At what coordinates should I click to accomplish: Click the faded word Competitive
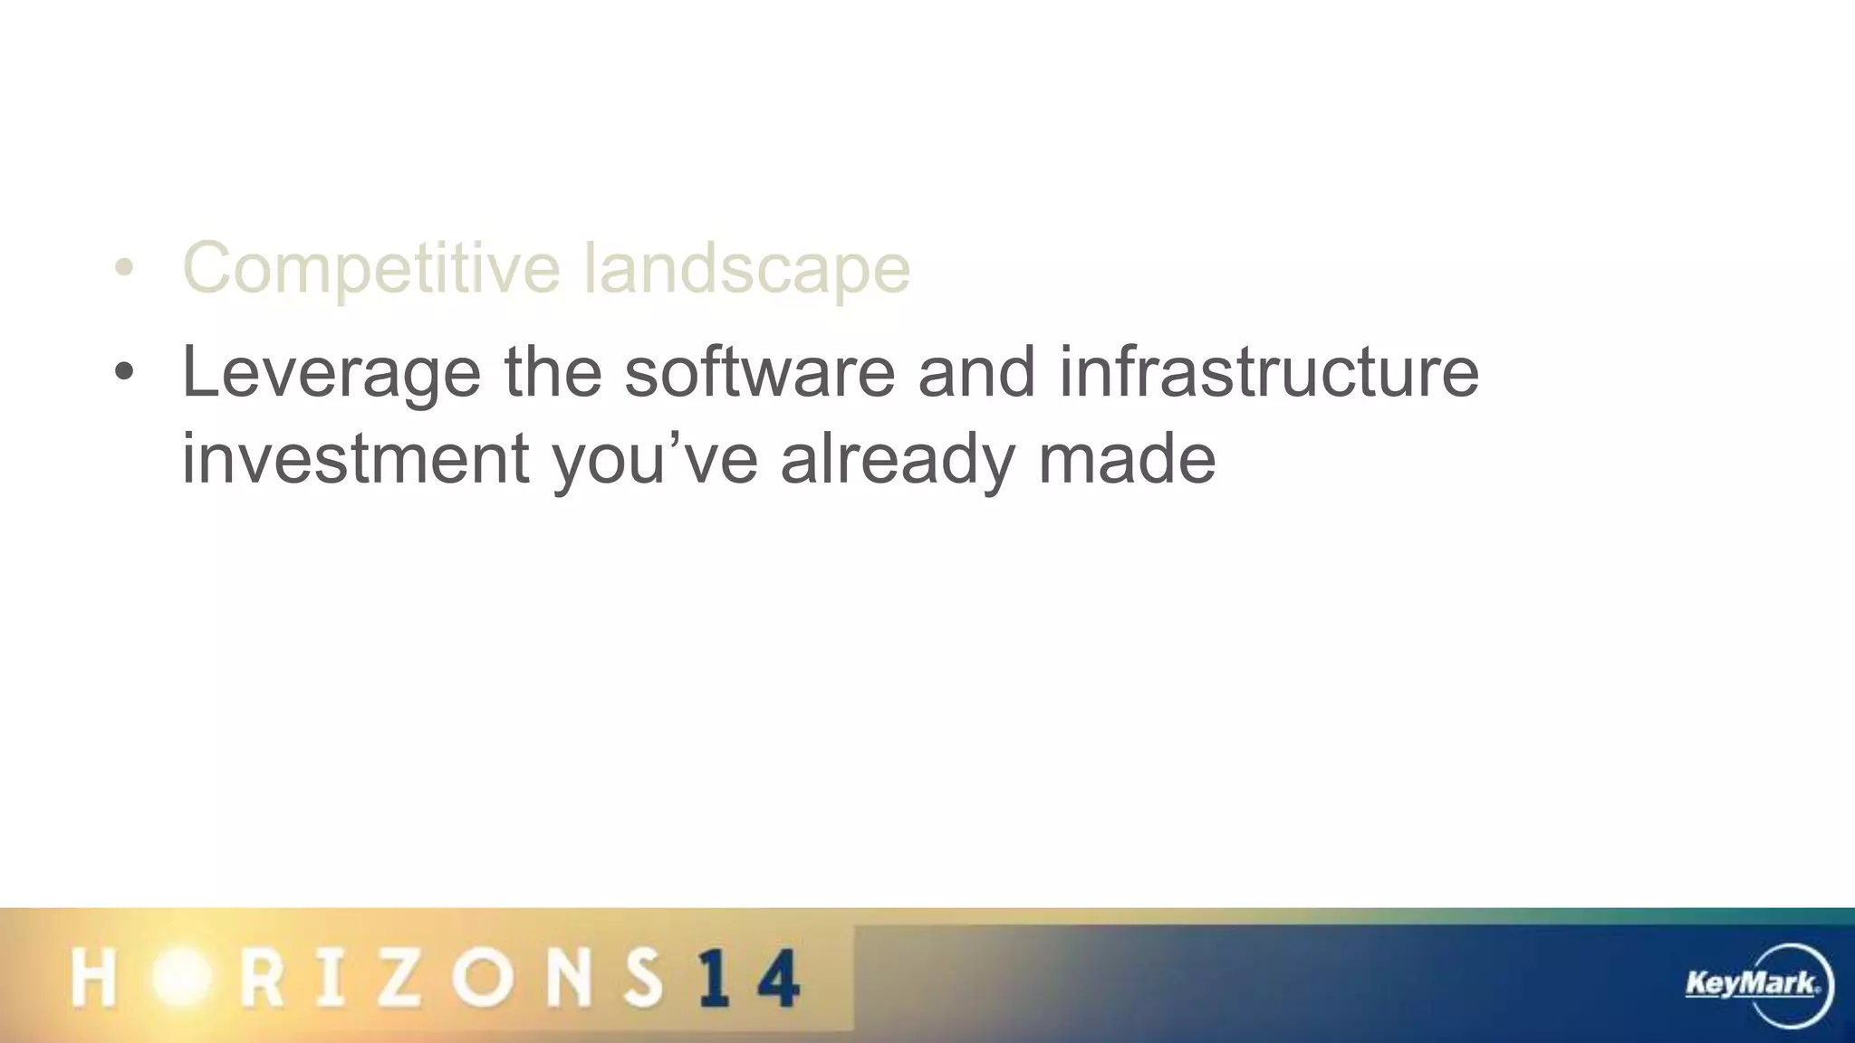371,268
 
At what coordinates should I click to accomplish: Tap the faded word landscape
746,268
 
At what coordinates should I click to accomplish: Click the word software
759,371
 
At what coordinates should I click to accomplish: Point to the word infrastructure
1268,371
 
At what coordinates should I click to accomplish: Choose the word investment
355,458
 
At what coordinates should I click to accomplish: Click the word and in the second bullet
976,371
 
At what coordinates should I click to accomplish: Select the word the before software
553,371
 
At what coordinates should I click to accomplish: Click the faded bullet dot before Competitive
124,268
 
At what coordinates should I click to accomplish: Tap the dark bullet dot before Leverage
124,372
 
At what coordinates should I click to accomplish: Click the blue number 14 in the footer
750,978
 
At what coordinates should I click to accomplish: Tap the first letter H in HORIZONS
93,978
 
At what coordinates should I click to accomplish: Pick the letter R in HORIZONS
262,978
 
